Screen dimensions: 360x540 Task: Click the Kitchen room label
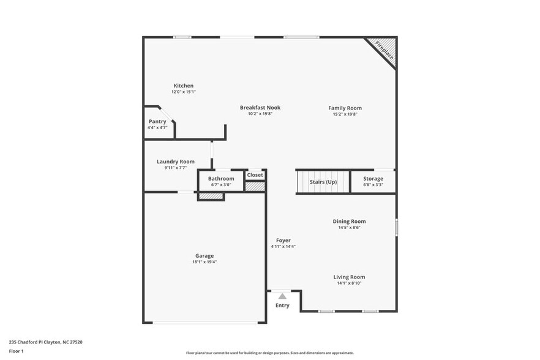pos(183,86)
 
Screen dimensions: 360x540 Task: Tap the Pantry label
pos(157,121)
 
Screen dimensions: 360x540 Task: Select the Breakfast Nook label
pos(260,108)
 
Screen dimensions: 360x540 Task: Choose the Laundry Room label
pos(175,162)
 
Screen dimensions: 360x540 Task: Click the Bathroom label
pos(221,179)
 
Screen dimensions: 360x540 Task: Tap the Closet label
pos(255,175)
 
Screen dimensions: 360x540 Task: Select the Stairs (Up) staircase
pos(323,182)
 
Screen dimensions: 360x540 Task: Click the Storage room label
pos(373,179)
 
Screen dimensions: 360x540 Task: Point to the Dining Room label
pos(349,222)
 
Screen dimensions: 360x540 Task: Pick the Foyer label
pos(283,241)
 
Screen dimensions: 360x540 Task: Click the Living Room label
pos(350,277)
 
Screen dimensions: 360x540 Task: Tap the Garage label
pos(204,256)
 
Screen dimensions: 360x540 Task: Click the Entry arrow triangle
pos(282,296)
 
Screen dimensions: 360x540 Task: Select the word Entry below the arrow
pos(282,305)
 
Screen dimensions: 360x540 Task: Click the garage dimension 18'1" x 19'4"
pos(204,262)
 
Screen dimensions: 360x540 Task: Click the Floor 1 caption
pos(16,351)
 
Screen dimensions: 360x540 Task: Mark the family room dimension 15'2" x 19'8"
pos(345,114)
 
